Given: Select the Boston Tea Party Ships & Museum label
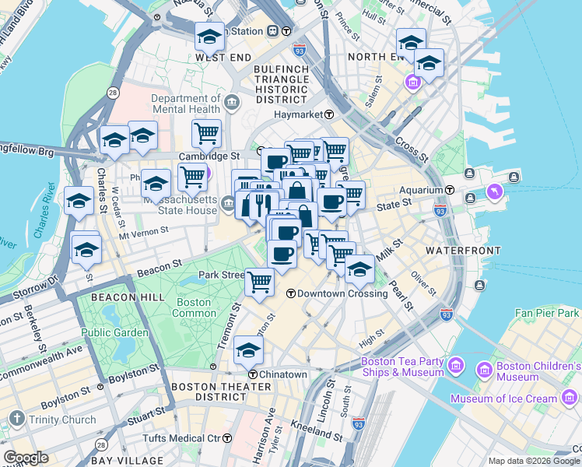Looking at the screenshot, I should click(x=401, y=367).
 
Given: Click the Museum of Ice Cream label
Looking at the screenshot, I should click(x=504, y=399).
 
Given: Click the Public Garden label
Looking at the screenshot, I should click(x=114, y=332).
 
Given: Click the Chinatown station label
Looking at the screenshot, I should click(x=283, y=374).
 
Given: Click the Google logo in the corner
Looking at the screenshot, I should click(x=26, y=458).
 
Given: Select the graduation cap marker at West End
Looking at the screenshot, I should click(x=209, y=37).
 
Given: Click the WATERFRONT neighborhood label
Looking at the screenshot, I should click(x=457, y=251).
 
